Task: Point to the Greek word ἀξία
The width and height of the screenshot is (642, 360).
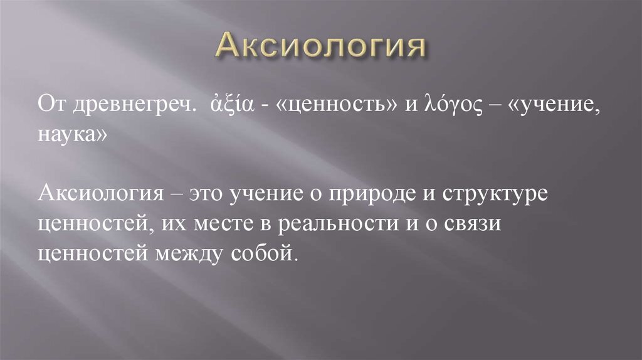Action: (229, 104)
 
